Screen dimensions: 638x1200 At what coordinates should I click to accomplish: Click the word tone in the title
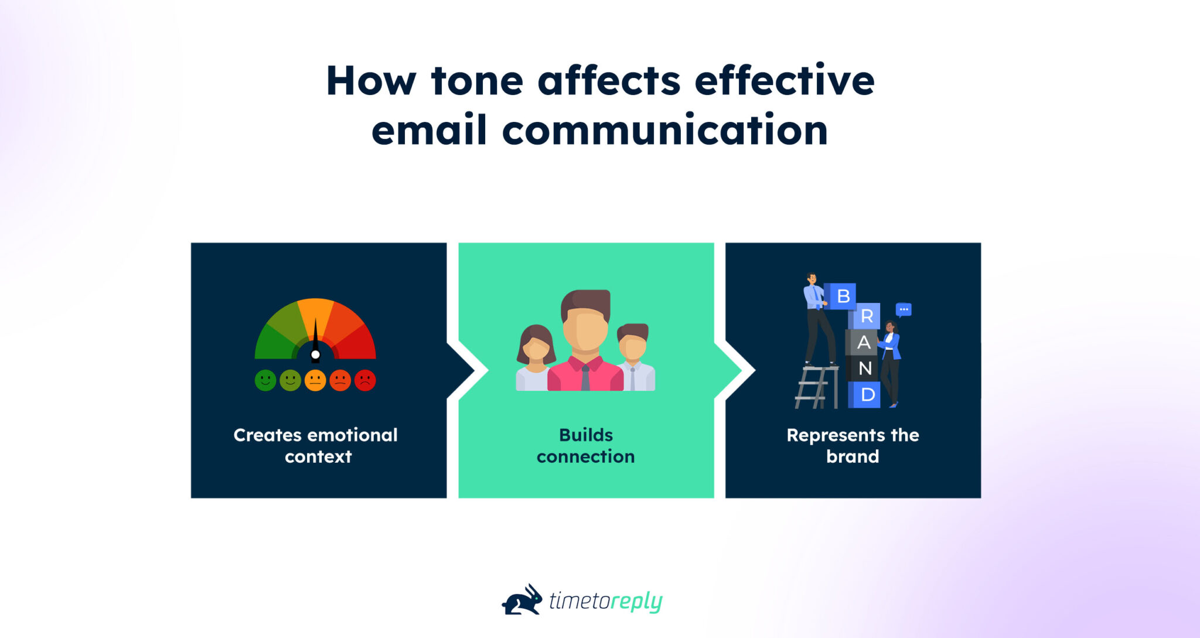pos(476,81)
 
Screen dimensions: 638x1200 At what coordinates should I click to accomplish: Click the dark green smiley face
pos(265,380)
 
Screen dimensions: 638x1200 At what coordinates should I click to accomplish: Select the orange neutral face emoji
pos(315,380)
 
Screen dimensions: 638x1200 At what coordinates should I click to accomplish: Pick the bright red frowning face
pos(365,380)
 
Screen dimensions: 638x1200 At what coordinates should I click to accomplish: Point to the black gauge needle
pos(315,340)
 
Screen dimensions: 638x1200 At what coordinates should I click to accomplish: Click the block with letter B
pos(843,296)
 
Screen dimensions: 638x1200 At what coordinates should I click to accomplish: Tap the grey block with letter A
pos(862,342)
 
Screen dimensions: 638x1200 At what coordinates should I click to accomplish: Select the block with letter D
pos(867,394)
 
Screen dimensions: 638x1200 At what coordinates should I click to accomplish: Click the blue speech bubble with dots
pos(904,309)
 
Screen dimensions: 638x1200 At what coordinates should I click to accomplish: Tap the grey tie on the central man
pos(585,378)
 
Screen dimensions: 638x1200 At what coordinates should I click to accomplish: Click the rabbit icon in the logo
pos(523,600)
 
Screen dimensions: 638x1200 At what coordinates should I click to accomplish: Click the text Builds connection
pos(585,445)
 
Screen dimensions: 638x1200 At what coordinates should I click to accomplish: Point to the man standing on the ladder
pos(818,319)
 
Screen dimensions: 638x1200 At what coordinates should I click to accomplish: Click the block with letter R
pos(866,316)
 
